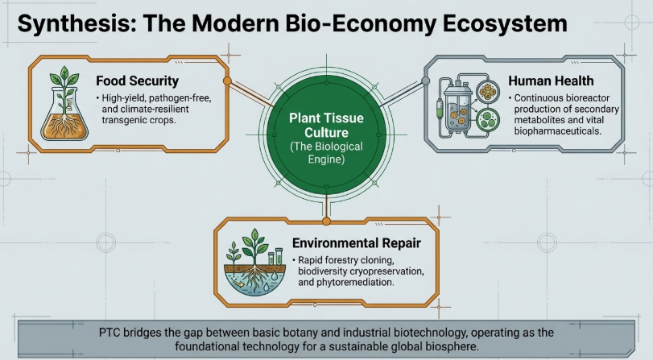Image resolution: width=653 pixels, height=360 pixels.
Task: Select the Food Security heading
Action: [x=137, y=81]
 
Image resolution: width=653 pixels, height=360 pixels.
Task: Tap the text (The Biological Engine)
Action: [x=326, y=154]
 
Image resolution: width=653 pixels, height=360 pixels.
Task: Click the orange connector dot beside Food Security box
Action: [x=227, y=81]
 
